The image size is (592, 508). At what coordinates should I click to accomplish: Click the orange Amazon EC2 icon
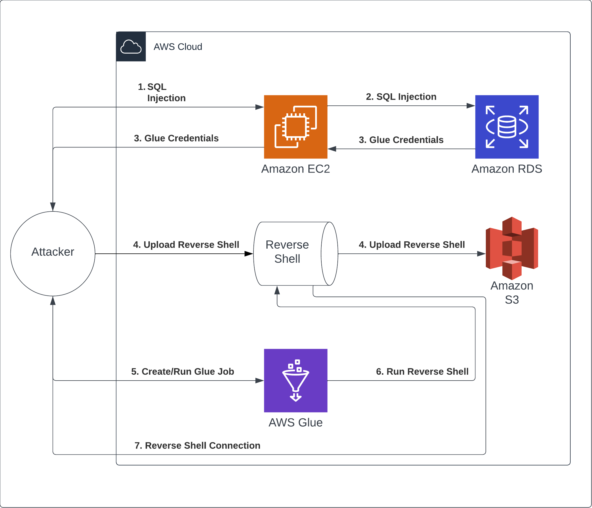(296, 127)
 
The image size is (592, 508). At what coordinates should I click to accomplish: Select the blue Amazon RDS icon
(507, 127)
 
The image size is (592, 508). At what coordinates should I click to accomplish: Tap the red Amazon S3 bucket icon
(512, 248)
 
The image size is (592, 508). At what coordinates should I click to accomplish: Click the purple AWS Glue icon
(296, 380)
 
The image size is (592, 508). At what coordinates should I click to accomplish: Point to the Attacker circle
(53, 254)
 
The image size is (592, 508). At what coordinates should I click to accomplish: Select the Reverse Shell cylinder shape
(296, 254)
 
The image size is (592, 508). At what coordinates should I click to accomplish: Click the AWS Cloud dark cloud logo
(131, 47)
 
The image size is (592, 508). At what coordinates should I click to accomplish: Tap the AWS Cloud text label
(178, 47)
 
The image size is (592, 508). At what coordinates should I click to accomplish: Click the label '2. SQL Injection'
(401, 97)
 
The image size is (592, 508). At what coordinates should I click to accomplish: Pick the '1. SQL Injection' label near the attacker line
(162, 92)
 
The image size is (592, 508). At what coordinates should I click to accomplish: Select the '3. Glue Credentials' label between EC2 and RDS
(401, 140)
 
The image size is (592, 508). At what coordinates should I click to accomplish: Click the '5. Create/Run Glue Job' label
(183, 372)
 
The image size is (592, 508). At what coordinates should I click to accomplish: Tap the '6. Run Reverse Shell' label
(422, 372)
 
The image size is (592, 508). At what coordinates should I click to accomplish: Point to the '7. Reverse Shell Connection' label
(197, 446)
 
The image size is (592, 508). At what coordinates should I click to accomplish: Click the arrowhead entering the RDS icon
(471, 106)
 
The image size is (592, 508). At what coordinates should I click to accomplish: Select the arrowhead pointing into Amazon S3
(481, 254)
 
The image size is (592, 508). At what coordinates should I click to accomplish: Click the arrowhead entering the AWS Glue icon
(259, 381)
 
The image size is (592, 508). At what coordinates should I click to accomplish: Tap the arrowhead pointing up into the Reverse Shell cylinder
(277, 290)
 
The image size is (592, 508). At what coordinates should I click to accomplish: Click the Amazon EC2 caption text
(295, 169)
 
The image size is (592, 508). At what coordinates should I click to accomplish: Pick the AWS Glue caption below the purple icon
(295, 423)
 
